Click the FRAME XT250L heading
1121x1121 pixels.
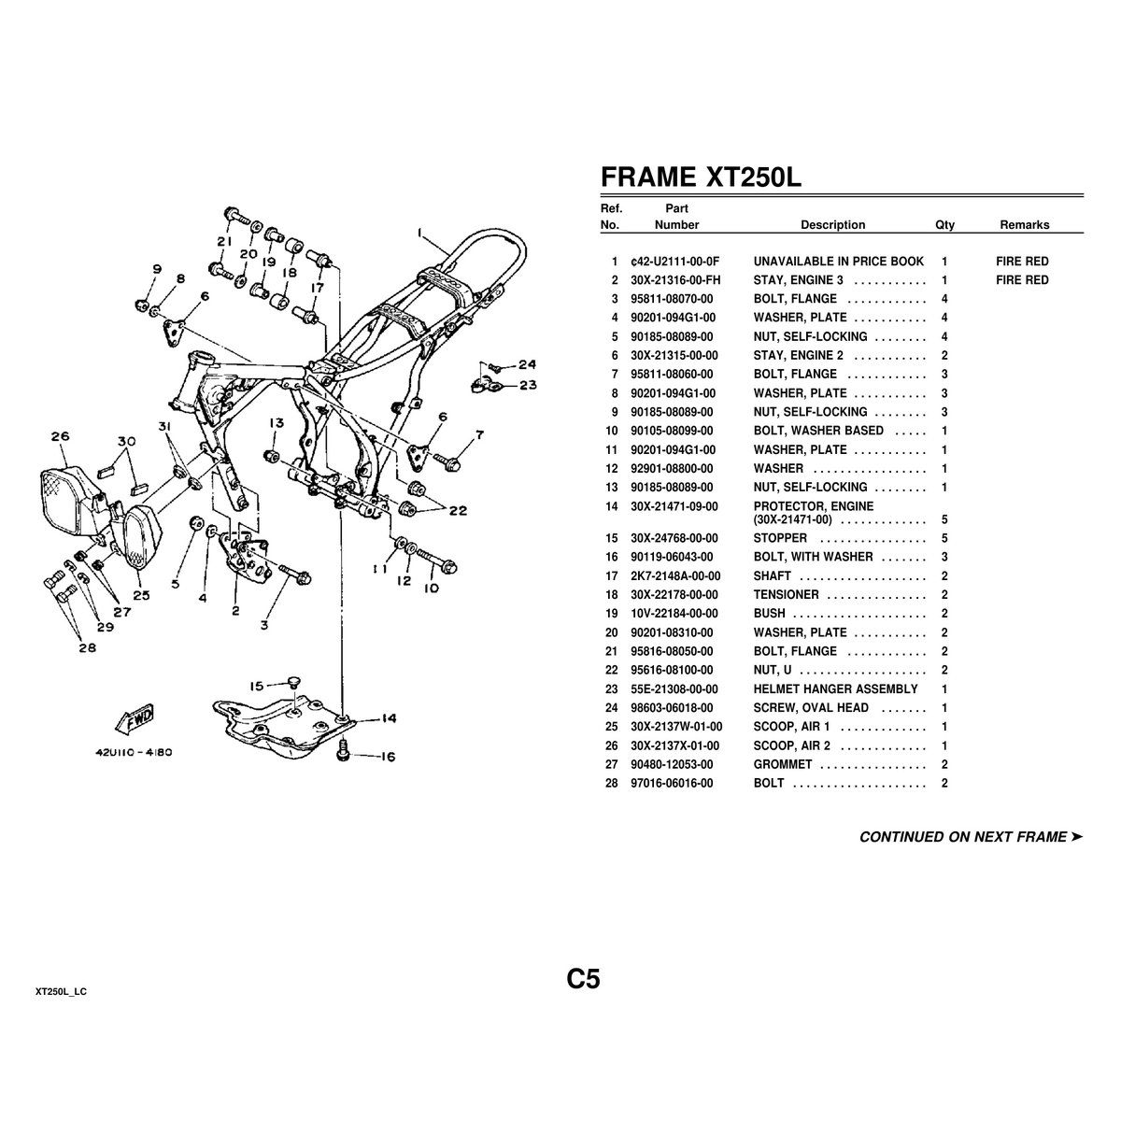(700, 177)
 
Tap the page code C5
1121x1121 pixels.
(582, 979)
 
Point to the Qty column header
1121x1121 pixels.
(944, 224)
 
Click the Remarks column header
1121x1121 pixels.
(1024, 224)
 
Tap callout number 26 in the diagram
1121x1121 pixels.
(61, 436)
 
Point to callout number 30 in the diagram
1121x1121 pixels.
(127, 441)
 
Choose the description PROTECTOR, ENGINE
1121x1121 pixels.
(814, 506)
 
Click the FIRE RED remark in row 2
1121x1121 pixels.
(1022, 280)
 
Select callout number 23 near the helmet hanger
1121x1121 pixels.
(528, 384)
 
